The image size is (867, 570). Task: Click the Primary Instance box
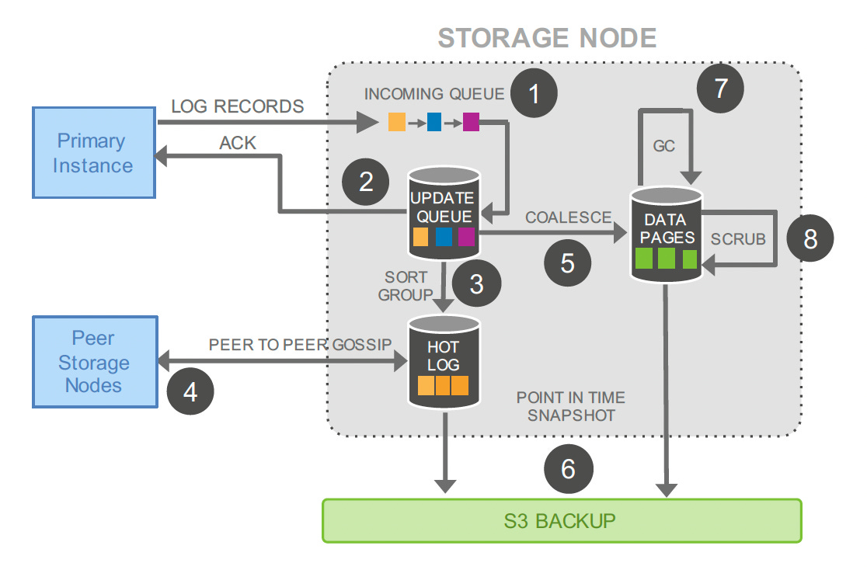tap(94, 152)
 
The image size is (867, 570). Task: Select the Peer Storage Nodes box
tap(95, 362)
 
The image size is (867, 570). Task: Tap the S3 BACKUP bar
tap(562, 521)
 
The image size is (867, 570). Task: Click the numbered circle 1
tap(534, 93)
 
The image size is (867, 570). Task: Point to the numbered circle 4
tap(190, 391)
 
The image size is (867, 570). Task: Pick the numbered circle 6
tap(569, 469)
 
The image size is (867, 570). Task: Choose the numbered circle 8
tap(810, 238)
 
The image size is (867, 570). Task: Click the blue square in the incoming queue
tap(434, 122)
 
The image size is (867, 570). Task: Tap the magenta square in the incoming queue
tap(471, 122)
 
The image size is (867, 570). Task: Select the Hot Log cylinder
tap(444, 362)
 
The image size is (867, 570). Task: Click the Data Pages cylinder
tap(667, 235)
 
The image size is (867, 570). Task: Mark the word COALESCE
tap(569, 217)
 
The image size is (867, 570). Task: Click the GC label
tap(663, 146)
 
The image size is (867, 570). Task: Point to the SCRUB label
tap(738, 239)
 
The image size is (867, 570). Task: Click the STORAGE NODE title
tap(547, 38)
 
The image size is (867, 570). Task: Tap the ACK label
tap(238, 143)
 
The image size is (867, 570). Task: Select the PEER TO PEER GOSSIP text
tap(300, 345)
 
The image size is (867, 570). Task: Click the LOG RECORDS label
tap(238, 106)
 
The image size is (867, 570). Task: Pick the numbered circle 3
tap(477, 283)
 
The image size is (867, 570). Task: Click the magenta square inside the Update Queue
tap(466, 237)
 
